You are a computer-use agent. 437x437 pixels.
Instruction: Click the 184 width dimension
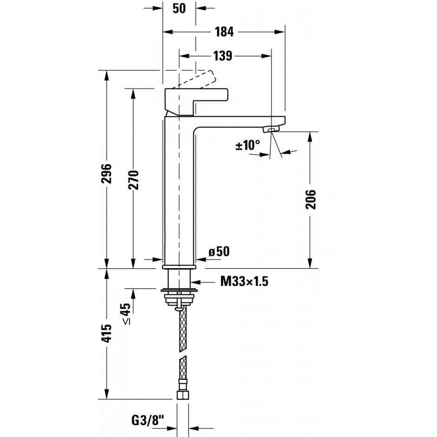click(x=224, y=32)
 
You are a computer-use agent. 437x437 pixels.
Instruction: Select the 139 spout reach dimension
click(x=223, y=56)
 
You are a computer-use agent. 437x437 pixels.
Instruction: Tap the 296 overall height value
click(x=106, y=173)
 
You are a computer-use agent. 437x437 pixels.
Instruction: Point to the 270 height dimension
click(x=133, y=180)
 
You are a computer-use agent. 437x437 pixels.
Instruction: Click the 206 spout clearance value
click(x=311, y=199)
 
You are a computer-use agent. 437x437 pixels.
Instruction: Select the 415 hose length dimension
click(x=106, y=333)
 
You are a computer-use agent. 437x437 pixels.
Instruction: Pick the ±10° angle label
click(x=248, y=145)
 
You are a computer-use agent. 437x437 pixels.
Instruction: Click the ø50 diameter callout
click(x=219, y=252)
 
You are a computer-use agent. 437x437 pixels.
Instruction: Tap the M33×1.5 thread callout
click(x=244, y=281)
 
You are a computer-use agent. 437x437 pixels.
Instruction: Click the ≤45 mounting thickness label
click(x=126, y=313)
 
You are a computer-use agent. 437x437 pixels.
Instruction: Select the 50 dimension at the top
click(x=179, y=8)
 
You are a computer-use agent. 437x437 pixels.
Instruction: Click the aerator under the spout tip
click(x=271, y=129)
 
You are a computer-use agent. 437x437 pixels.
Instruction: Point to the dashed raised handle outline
click(x=196, y=80)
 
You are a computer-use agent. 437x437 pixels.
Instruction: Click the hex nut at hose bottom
click(x=183, y=395)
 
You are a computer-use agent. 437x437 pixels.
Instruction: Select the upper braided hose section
click(x=183, y=329)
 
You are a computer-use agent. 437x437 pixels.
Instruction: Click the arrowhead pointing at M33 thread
click(x=196, y=282)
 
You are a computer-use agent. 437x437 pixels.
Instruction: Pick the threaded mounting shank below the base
click(x=179, y=278)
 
